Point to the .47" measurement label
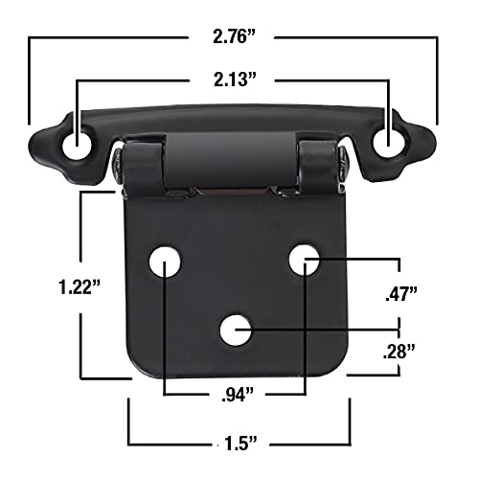click(x=399, y=295)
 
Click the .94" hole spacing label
click(x=234, y=393)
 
